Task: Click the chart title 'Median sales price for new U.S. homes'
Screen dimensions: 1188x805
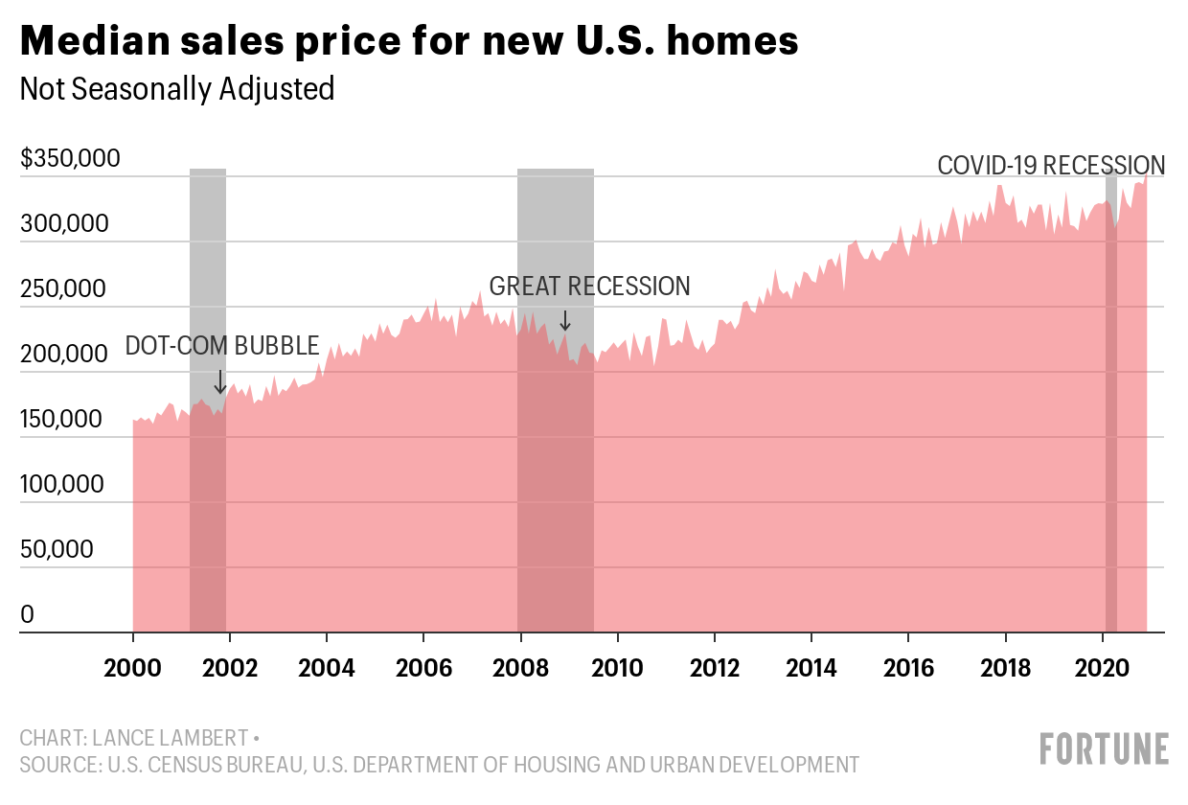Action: tap(409, 41)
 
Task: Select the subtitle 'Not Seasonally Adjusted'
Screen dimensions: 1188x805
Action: tap(177, 88)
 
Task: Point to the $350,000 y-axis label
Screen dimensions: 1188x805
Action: tap(70, 158)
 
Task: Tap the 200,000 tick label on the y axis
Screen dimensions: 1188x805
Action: tap(63, 354)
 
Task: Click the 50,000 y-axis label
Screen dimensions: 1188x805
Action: tap(57, 549)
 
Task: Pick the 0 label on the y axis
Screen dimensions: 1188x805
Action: tap(27, 614)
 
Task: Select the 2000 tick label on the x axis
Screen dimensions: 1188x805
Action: tap(132, 668)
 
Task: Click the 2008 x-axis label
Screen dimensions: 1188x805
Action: tap(520, 668)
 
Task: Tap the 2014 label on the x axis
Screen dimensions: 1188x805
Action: tap(811, 668)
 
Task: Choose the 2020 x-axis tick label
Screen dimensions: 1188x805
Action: tap(1102, 668)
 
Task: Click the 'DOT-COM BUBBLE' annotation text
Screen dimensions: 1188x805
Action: tap(222, 345)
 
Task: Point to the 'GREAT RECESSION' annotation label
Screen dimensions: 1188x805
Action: tap(589, 286)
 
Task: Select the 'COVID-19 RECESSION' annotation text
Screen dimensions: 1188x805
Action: tap(1051, 165)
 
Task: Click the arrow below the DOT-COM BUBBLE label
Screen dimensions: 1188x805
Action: tap(220, 381)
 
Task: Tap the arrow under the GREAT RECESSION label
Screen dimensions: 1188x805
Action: tap(565, 320)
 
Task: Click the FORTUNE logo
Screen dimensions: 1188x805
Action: tap(1105, 748)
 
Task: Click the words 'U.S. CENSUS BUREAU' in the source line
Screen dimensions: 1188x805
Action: tap(206, 765)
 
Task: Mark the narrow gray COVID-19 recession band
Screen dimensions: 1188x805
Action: tap(1111, 401)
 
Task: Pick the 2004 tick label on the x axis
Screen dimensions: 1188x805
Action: tap(326, 668)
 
